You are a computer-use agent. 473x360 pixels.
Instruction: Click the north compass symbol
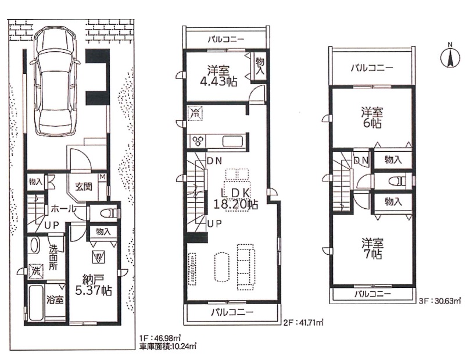[450, 57]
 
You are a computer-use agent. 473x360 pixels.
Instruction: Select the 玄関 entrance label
[84, 187]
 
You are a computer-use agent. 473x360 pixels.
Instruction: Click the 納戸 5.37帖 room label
[93, 285]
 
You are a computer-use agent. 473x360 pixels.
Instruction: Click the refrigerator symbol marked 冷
[195, 113]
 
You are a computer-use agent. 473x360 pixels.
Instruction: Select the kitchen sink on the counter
[233, 141]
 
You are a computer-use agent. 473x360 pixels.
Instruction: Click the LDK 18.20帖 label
[235, 199]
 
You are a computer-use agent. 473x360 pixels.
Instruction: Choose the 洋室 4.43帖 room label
[218, 76]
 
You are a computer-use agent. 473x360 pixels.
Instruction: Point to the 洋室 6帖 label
[372, 118]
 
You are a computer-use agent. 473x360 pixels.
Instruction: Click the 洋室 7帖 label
[372, 248]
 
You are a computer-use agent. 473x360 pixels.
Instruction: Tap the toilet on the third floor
[397, 181]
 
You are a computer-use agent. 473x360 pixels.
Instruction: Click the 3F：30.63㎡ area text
[439, 301]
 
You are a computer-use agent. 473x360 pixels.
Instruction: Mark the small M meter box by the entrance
[102, 177]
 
